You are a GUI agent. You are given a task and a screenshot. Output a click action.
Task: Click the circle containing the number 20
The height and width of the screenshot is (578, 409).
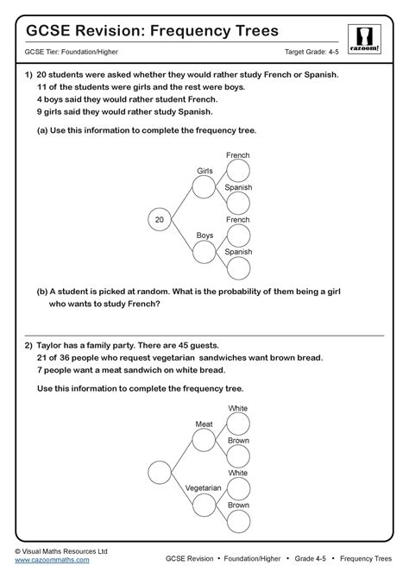click(x=159, y=220)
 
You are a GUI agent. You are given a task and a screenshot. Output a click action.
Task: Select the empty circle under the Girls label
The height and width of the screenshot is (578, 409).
click(x=204, y=187)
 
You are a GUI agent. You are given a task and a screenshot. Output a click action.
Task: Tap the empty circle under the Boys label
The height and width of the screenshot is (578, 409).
click(x=204, y=252)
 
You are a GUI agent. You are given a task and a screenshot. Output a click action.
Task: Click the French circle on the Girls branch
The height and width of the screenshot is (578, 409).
click(x=238, y=171)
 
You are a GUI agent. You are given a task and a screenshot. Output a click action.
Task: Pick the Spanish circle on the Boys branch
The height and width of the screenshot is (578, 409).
click(x=238, y=267)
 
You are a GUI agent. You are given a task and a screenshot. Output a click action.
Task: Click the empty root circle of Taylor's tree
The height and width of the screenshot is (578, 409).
click(x=160, y=473)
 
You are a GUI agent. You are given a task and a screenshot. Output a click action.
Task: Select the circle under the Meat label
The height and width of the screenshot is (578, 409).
click(x=204, y=440)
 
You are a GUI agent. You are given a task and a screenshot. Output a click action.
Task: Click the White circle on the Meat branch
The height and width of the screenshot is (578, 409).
click(x=238, y=424)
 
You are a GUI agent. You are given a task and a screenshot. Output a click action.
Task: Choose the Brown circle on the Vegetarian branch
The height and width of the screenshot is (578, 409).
click(x=238, y=521)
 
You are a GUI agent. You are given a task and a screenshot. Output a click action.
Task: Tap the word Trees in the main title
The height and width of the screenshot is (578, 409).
click(x=250, y=31)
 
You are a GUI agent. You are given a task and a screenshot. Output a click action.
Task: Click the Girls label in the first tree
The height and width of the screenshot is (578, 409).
click(x=204, y=171)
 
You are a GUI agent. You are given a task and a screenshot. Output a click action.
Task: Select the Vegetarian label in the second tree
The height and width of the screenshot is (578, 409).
click(x=204, y=488)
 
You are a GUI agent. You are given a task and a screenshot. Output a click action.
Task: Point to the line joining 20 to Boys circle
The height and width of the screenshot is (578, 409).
click(x=181, y=236)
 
